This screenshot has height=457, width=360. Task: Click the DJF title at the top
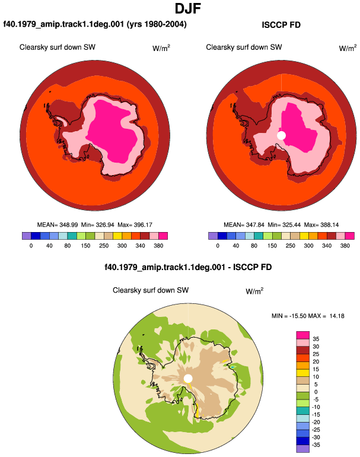[188, 8]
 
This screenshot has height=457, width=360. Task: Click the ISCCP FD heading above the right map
[281, 25]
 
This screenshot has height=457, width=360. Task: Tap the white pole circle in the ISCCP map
[281, 135]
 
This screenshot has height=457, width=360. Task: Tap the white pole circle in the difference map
[188, 379]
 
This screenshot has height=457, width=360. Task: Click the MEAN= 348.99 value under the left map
[58, 225]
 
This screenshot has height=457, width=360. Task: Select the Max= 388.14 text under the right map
[321, 225]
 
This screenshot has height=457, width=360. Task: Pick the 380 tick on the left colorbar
[158, 246]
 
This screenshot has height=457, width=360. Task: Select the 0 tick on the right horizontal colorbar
[218, 246]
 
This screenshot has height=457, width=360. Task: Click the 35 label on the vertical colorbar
[316, 339]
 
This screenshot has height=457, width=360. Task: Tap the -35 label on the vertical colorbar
[316, 445]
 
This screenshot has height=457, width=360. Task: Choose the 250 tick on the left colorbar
[104, 246]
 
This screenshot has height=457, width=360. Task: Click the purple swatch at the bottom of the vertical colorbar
[303, 449]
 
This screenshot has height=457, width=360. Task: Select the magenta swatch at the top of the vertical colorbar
[303, 335]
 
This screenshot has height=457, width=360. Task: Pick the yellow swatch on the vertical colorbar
[303, 373]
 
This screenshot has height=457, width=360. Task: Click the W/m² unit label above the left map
[161, 48]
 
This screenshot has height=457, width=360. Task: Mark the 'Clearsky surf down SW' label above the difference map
[151, 290]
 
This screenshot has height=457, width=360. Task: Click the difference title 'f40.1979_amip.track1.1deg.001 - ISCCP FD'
[188, 267]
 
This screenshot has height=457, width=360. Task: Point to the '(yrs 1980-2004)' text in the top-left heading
[157, 24]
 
